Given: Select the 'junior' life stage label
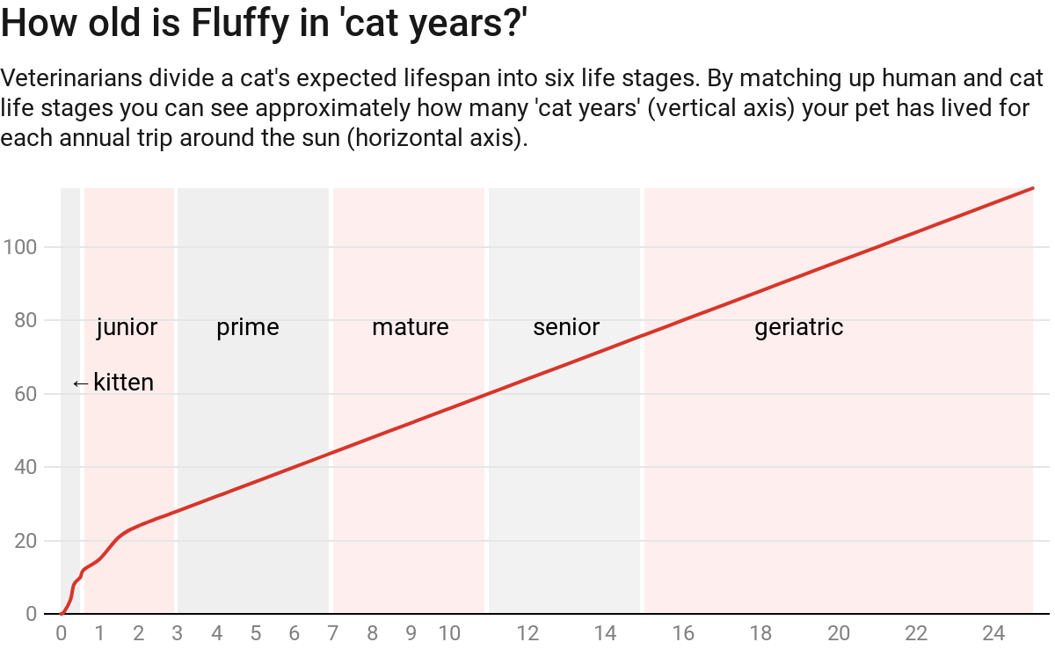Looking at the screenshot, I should pyautogui.click(x=127, y=328).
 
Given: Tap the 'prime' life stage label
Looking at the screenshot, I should pyautogui.click(x=248, y=328).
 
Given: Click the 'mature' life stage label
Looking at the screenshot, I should pyautogui.click(x=410, y=328).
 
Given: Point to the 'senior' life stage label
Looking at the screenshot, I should pyautogui.click(x=566, y=328).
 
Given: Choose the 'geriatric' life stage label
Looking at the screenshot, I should pyautogui.click(x=798, y=328).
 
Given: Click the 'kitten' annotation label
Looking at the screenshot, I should pyautogui.click(x=123, y=383).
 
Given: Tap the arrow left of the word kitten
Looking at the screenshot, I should pyautogui.click(x=80, y=383).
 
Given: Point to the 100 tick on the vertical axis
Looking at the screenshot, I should pyautogui.click(x=19, y=247).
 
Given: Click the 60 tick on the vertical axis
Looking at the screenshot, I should pyautogui.click(x=25, y=394).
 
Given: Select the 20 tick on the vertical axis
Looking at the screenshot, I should pyautogui.click(x=25, y=541).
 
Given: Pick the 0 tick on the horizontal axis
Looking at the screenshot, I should pyautogui.click(x=61, y=633).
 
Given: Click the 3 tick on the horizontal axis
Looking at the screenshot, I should pyautogui.click(x=178, y=633).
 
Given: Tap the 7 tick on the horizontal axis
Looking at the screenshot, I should pyautogui.click(x=333, y=633).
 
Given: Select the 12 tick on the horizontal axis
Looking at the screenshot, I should pyautogui.click(x=527, y=633).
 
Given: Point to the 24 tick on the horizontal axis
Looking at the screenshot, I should pyautogui.click(x=993, y=633).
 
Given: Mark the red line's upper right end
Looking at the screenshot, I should pyautogui.click(x=1032, y=188).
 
